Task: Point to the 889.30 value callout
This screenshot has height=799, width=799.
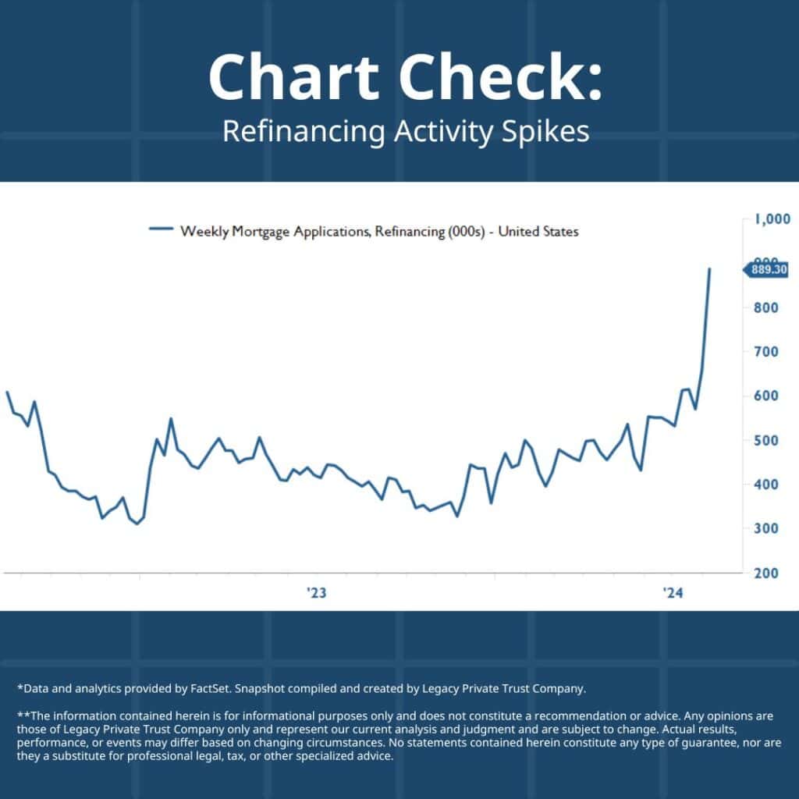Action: [768, 270]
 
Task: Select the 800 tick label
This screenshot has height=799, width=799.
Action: [765, 308]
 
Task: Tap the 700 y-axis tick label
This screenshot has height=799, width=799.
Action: [765, 352]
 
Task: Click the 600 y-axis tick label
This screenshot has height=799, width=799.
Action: [765, 396]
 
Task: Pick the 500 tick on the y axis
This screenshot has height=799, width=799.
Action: [765, 440]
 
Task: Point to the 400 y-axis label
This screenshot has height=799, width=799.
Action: [765, 485]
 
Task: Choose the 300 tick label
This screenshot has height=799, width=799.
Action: [765, 529]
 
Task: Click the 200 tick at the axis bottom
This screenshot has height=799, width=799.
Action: [765, 573]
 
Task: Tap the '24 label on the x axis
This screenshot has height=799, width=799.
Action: [672, 594]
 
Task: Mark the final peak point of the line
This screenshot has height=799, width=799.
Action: [709, 268]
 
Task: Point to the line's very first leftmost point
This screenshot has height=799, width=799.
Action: [6, 392]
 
